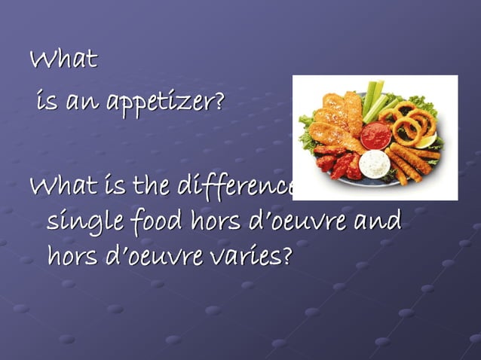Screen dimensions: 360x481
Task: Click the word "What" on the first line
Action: [x=63, y=59]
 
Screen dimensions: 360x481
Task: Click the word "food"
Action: [x=146, y=222]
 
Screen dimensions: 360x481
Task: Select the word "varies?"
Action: [x=253, y=257]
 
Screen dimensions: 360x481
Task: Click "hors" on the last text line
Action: [x=72, y=257]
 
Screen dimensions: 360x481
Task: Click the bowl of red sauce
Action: [x=375, y=136]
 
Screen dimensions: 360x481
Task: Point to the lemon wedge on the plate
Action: [x=427, y=140]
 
